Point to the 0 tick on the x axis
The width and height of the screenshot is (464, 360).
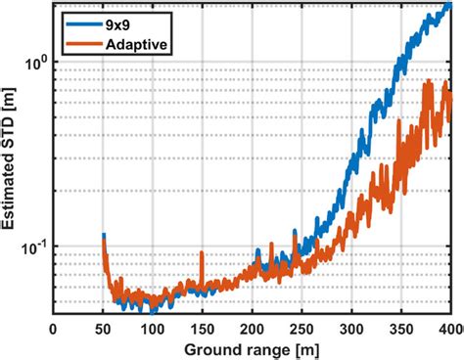(54, 329)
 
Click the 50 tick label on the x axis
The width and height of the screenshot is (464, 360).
(104, 329)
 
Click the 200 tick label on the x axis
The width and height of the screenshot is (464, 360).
(253, 329)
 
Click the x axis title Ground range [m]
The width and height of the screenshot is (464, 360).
(253, 349)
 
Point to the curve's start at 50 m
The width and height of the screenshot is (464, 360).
(104, 237)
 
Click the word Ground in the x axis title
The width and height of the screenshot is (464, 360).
(216, 349)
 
